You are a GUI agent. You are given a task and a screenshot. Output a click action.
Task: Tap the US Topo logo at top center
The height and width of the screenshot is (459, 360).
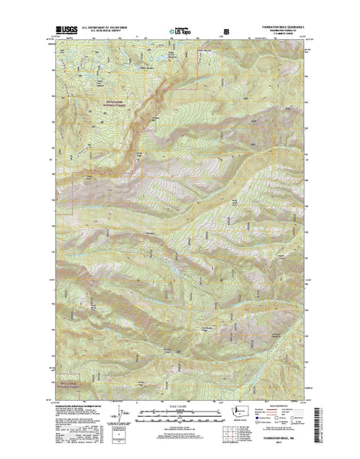(180, 31)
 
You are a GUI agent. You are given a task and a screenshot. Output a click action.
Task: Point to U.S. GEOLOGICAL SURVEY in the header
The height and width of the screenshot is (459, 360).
(102, 32)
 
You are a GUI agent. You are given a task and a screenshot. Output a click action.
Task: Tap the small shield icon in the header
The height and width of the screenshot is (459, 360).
(225, 31)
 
